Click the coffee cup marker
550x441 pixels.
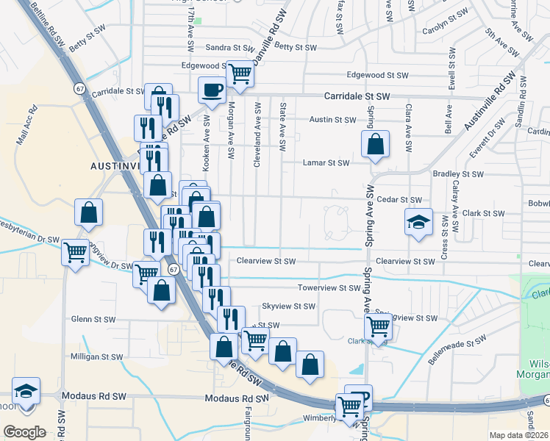pos(213,90)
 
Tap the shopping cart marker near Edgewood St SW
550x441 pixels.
pos(240,73)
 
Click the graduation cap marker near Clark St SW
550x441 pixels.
pos(418,222)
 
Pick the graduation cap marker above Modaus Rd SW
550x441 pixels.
pos(26,391)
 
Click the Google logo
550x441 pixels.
pos(24,432)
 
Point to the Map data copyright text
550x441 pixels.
pos(518,435)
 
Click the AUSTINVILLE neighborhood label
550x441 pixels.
pos(115,166)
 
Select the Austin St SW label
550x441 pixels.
pos(332,119)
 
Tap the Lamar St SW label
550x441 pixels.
pos(326,163)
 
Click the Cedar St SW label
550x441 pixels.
pos(399,200)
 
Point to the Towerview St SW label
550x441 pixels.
pos(329,287)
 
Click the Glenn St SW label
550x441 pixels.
pos(93,319)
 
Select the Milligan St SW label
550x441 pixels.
pos(96,356)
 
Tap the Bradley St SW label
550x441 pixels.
pos(458,174)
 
